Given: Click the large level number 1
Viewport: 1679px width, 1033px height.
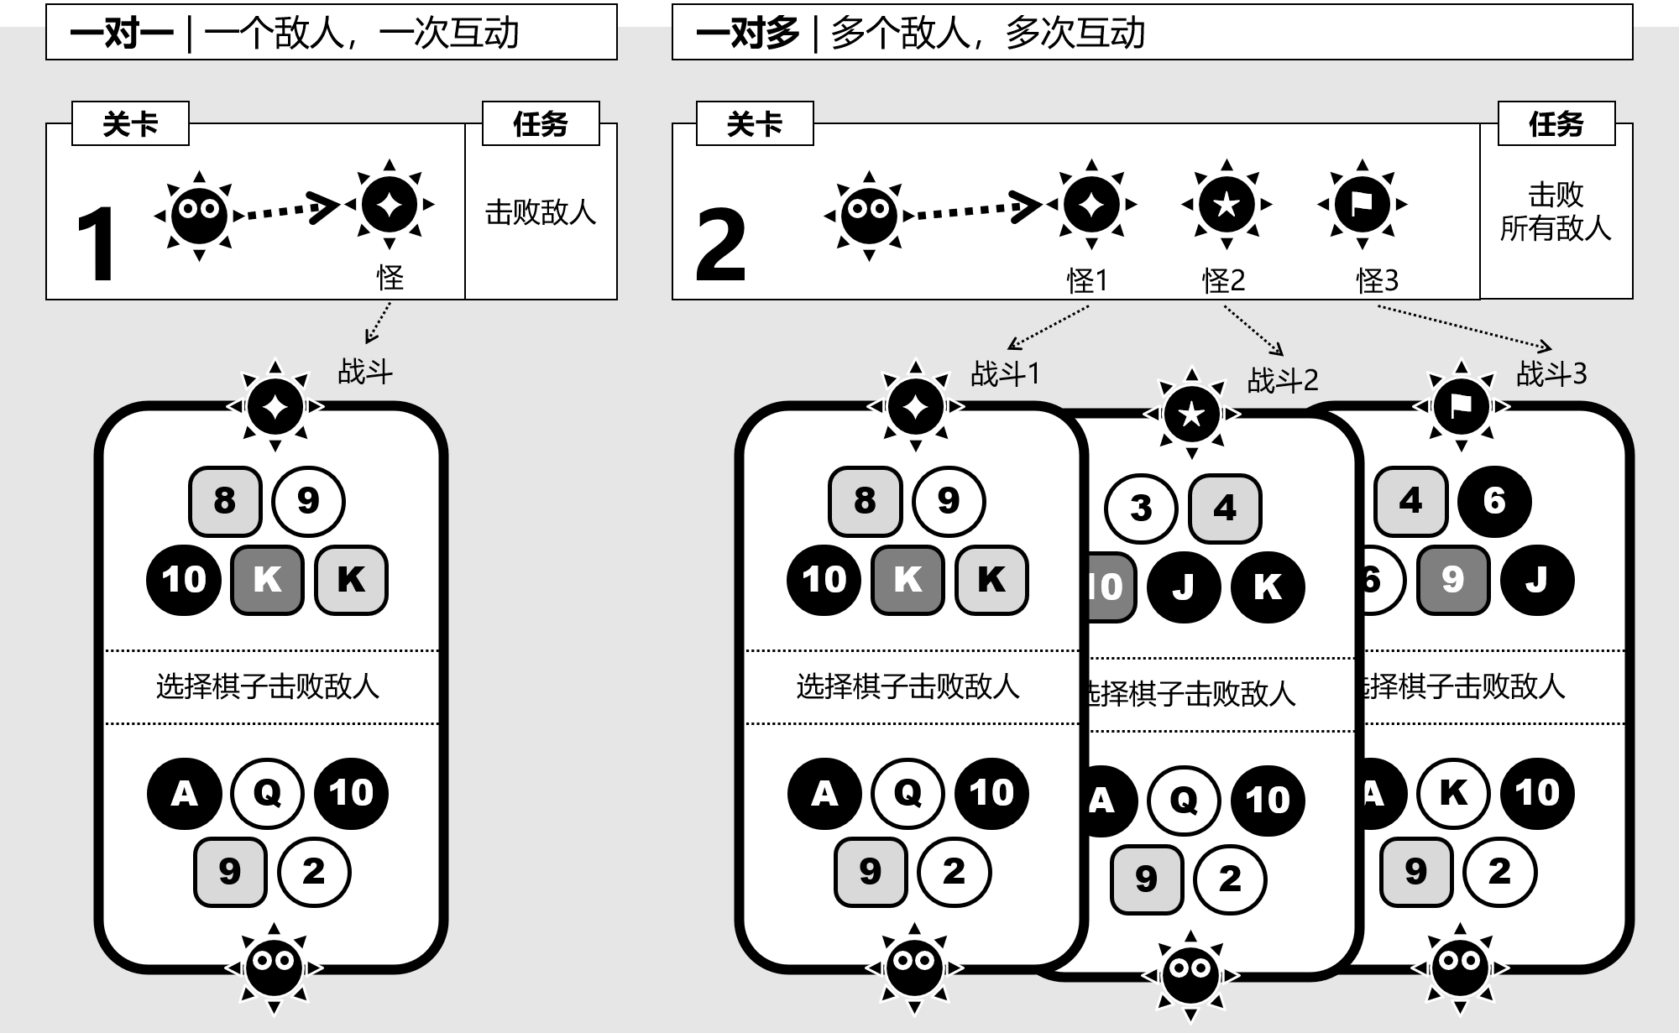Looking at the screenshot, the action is [96, 244].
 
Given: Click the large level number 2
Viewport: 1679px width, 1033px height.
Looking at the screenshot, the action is [720, 244].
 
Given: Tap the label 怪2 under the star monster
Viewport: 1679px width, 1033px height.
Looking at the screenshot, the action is [1223, 280].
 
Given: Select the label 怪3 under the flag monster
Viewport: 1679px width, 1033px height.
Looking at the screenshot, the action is [1378, 280].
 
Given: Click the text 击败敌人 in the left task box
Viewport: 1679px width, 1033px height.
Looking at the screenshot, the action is [541, 212].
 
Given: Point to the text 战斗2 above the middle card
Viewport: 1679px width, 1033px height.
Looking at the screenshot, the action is [1283, 381].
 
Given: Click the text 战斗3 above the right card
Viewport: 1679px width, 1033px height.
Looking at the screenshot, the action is [1551, 373].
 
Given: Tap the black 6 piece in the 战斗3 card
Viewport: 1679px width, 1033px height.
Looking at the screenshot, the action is [1494, 501].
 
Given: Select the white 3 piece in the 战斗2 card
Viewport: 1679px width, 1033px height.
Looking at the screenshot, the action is [1141, 509].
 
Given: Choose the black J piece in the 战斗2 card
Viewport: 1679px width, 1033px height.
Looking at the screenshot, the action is [1184, 587].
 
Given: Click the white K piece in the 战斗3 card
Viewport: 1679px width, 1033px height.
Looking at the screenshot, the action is [1453, 793].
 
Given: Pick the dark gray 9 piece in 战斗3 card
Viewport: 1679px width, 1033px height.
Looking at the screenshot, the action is [1453, 580].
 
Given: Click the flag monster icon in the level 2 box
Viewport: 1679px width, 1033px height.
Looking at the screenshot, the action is [1362, 204].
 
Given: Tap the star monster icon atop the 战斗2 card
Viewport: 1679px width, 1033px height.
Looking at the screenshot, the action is [1191, 414].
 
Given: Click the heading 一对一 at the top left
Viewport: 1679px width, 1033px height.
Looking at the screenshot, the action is [122, 34].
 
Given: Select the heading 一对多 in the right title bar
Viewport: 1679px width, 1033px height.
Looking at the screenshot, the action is [747, 34].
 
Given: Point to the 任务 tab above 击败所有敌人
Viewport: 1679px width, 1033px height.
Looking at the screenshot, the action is [1556, 124].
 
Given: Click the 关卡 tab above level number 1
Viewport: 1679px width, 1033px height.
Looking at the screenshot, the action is [130, 124].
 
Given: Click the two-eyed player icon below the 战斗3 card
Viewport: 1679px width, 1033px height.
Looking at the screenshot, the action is [1460, 968].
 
